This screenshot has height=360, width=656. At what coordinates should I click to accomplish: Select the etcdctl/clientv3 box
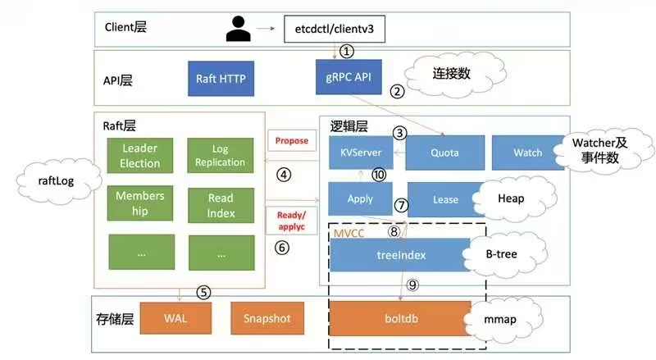(x=335, y=30)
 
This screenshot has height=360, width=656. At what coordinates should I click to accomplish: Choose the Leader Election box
(x=140, y=155)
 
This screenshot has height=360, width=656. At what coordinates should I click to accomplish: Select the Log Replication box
(x=220, y=156)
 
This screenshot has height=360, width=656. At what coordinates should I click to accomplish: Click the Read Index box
(x=220, y=206)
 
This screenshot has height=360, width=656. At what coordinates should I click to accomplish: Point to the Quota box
(x=444, y=152)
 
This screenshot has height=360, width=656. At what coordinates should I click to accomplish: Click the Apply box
(x=360, y=198)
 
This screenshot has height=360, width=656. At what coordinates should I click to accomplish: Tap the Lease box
(x=444, y=199)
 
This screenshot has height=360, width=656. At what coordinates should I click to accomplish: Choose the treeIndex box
(x=400, y=254)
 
